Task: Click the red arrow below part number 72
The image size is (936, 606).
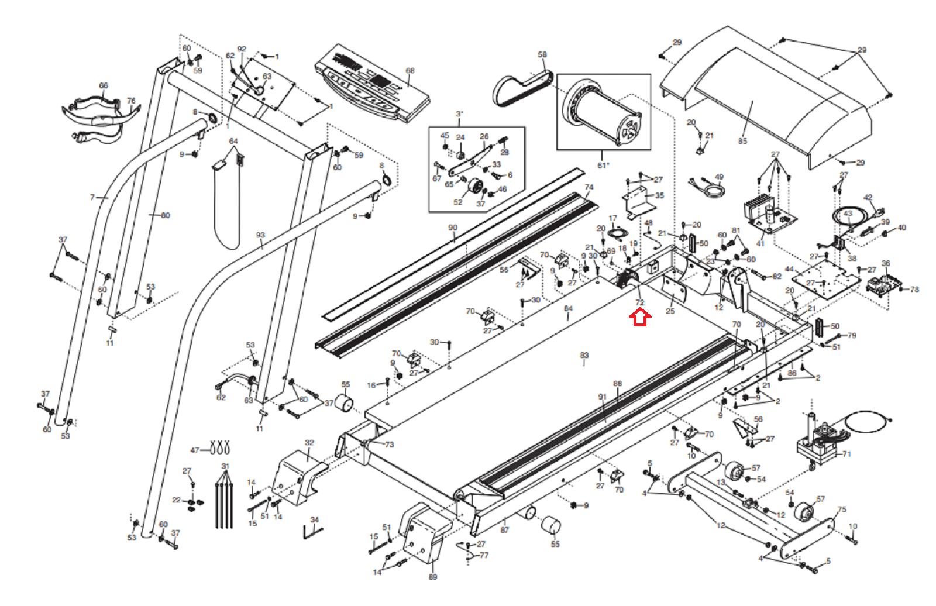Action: (640, 318)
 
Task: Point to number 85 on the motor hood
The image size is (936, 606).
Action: (742, 141)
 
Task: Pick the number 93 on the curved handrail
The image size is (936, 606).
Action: (260, 235)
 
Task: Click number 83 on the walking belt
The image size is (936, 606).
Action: (584, 355)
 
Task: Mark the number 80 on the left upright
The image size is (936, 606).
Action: (166, 215)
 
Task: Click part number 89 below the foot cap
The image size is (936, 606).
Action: (432, 577)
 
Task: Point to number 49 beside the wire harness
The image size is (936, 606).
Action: (719, 177)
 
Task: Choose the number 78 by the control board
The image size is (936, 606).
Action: (914, 290)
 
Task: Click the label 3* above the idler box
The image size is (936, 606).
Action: (460, 114)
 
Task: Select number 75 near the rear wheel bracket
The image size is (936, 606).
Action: (842, 509)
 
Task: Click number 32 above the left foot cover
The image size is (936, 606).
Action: (309, 443)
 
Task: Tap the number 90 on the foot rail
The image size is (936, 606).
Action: (453, 228)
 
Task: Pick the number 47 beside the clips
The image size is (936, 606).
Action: (195, 450)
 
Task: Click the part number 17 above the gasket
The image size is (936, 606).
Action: (612, 218)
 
